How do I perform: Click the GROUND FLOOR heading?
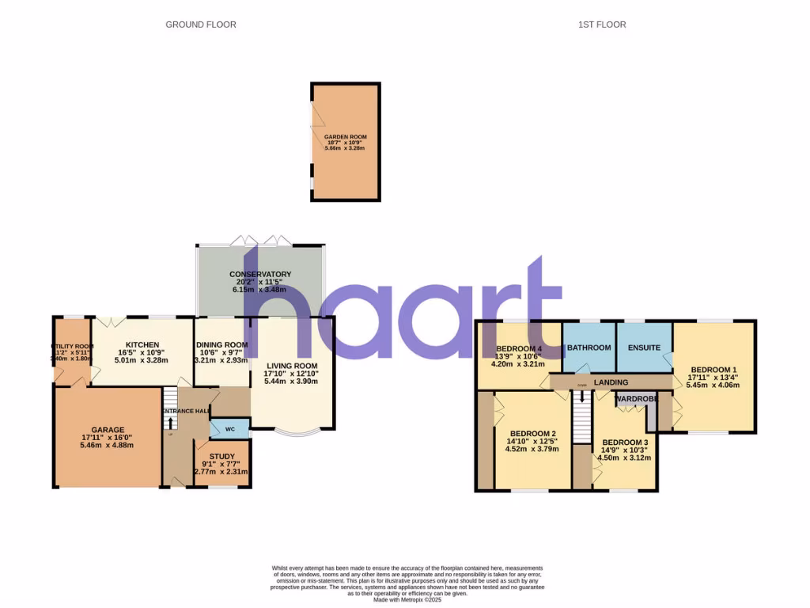pos(201,25)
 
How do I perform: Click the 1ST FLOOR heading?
pos(602,25)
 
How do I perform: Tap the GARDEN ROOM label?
pos(346,137)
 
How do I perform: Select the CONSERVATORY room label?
pos(260,274)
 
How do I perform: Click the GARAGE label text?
pos(107,430)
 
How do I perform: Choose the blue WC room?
pos(230,429)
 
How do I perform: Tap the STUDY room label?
pos(222,455)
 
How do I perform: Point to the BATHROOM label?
pos(589,348)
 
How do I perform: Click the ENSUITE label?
pos(644,348)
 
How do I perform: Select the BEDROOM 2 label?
pos(532,433)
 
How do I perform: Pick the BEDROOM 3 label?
pos(625,442)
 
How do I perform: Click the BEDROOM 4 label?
pos(519,348)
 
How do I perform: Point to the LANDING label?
pos(611,382)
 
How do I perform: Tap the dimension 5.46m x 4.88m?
pos(107,445)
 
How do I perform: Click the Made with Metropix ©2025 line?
pos(407,598)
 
